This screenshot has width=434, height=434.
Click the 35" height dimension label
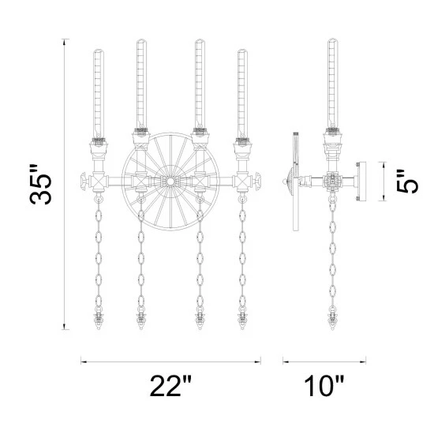tap(40, 185)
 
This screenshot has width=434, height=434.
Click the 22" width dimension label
tap(170, 386)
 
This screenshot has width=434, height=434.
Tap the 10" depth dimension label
tap(324, 386)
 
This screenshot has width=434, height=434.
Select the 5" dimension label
tap(407, 181)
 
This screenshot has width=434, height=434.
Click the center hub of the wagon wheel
tap(170, 181)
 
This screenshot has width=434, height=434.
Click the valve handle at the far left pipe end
tap(84, 181)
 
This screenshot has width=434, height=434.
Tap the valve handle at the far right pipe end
tap(258, 181)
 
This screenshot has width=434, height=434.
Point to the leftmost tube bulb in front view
tap(99, 94)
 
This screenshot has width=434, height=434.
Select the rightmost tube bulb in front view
tap(242, 94)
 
